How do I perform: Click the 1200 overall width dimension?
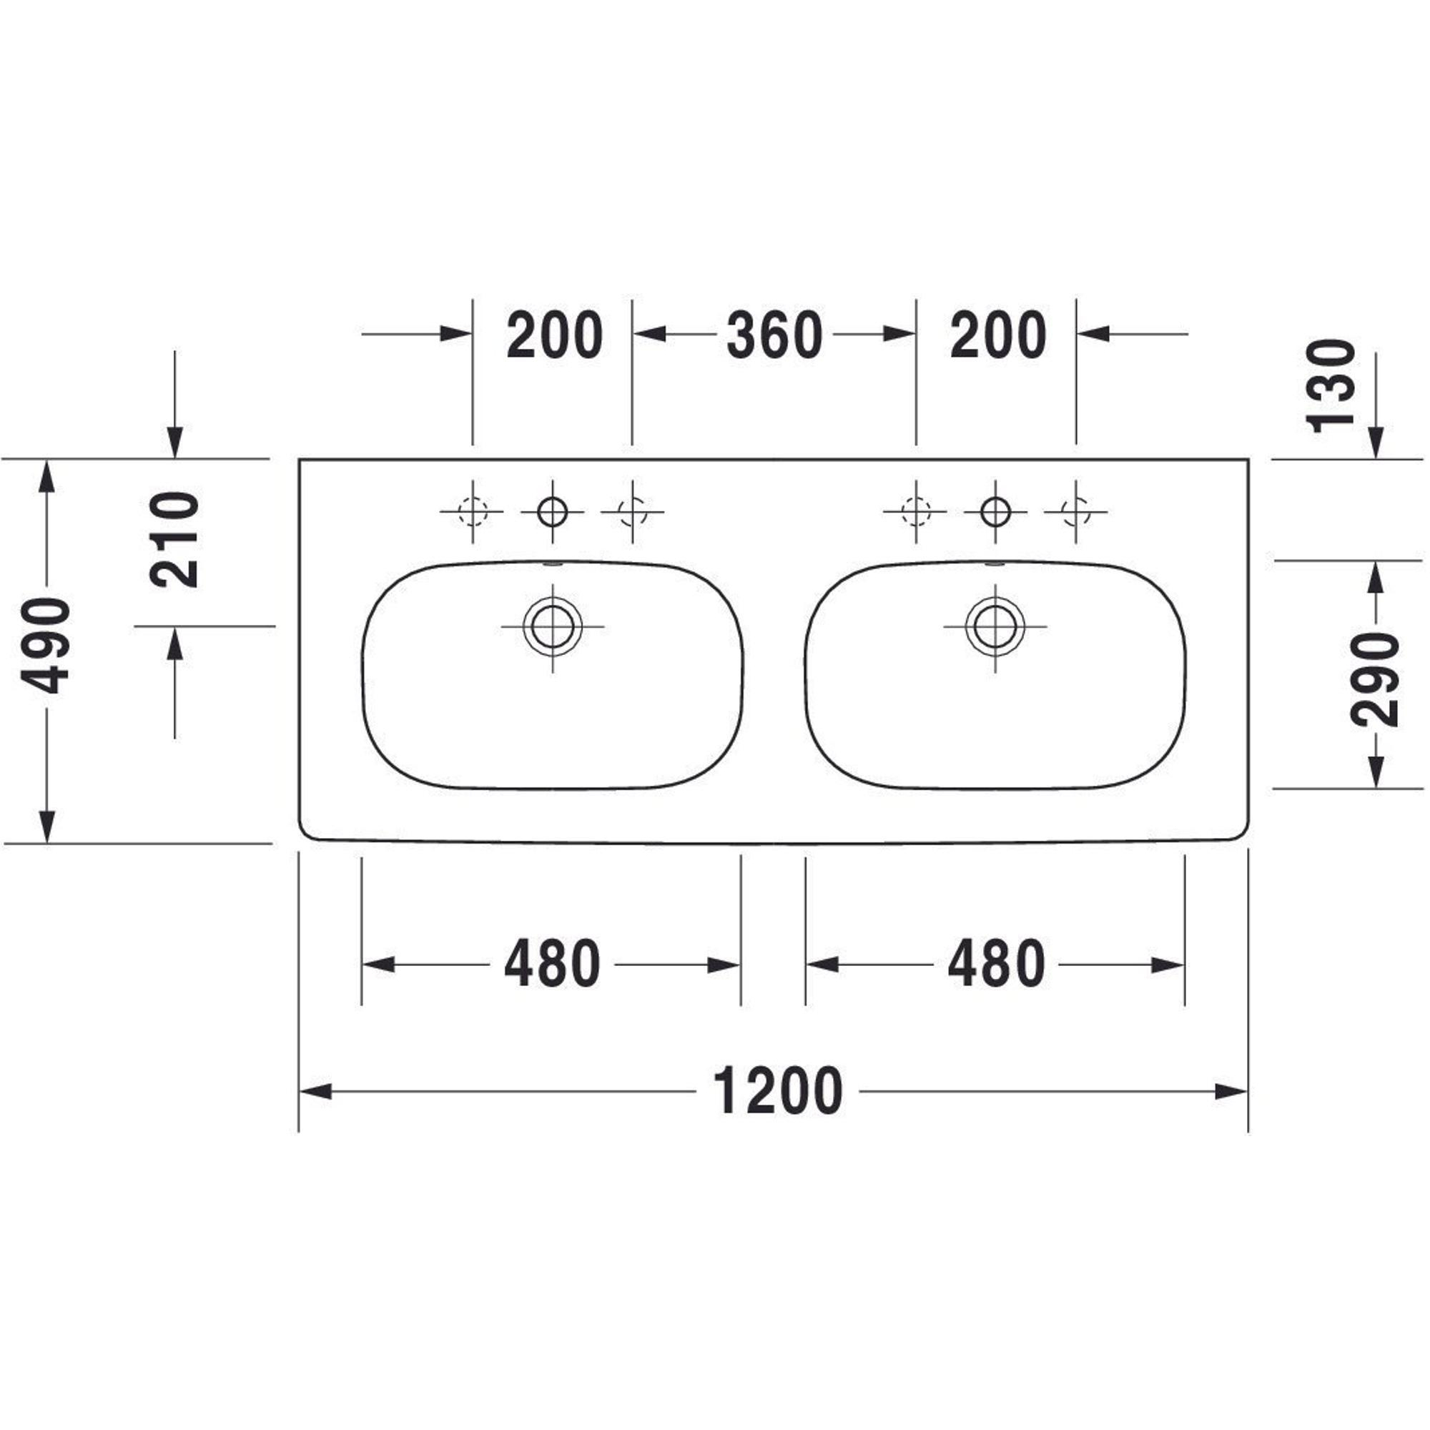click(x=777, y=1091)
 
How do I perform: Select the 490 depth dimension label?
click(x=45, y=646)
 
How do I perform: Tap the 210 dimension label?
click(x=174, y=540)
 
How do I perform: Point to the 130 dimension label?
click(x=1330, y=385)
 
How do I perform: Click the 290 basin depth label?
click(x=1375, y=679)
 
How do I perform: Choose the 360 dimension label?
click(x=774, y=335)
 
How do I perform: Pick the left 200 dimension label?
click(x=554, y=335)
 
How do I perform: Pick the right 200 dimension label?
click(x=997, y=335)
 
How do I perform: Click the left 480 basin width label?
click(x=552, y=965)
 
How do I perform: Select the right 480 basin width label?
click(x=996, y=965)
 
